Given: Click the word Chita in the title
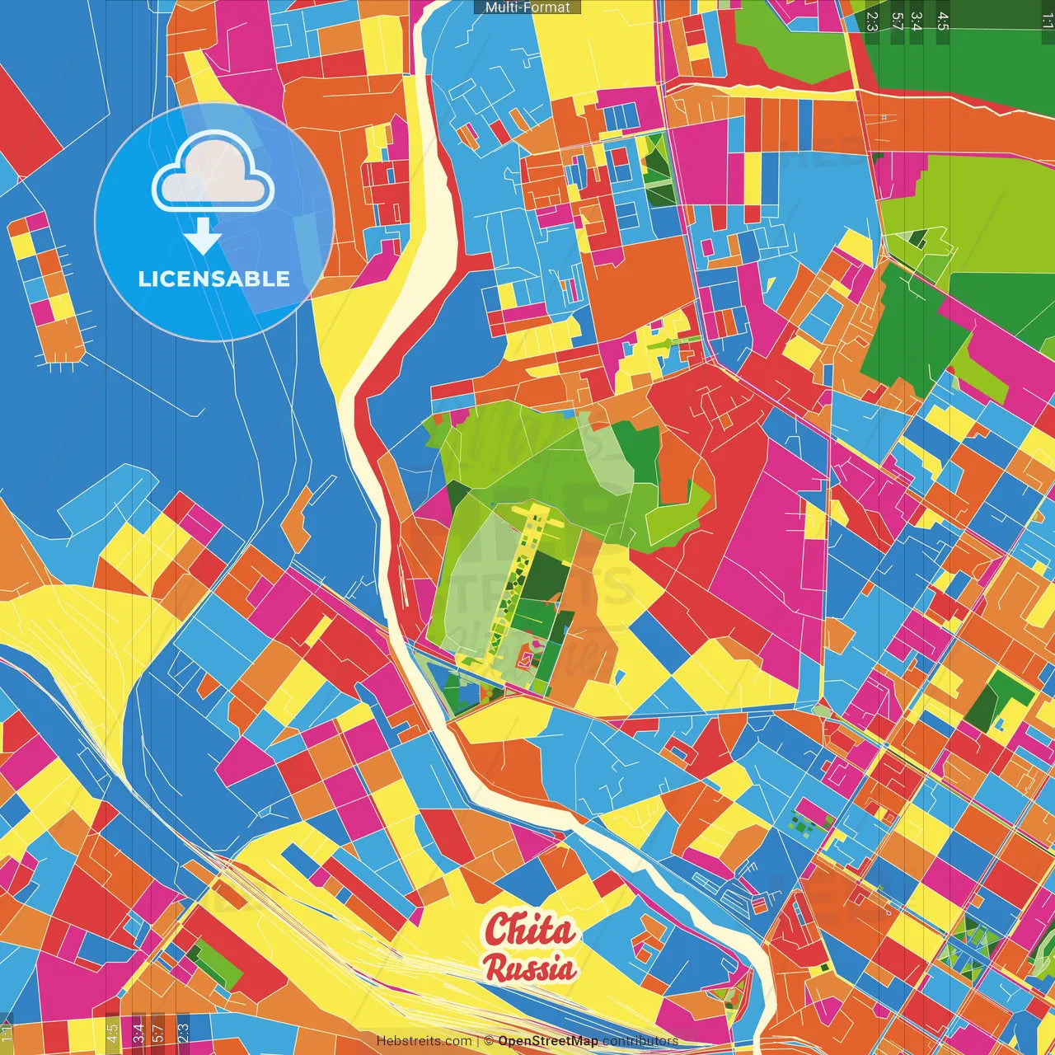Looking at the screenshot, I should coord(529,930).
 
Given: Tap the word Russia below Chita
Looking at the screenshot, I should coord(530,968).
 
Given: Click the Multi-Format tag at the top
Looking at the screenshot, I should coord(527,7).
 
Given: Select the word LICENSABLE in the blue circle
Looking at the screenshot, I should coord(214,279).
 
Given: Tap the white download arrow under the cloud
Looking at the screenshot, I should coord(203,237).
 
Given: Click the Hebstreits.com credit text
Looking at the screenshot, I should coord(424,1041).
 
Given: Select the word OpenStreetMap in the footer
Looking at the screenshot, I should coord(548,1041).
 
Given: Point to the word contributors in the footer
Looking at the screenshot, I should coord(640,1041).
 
